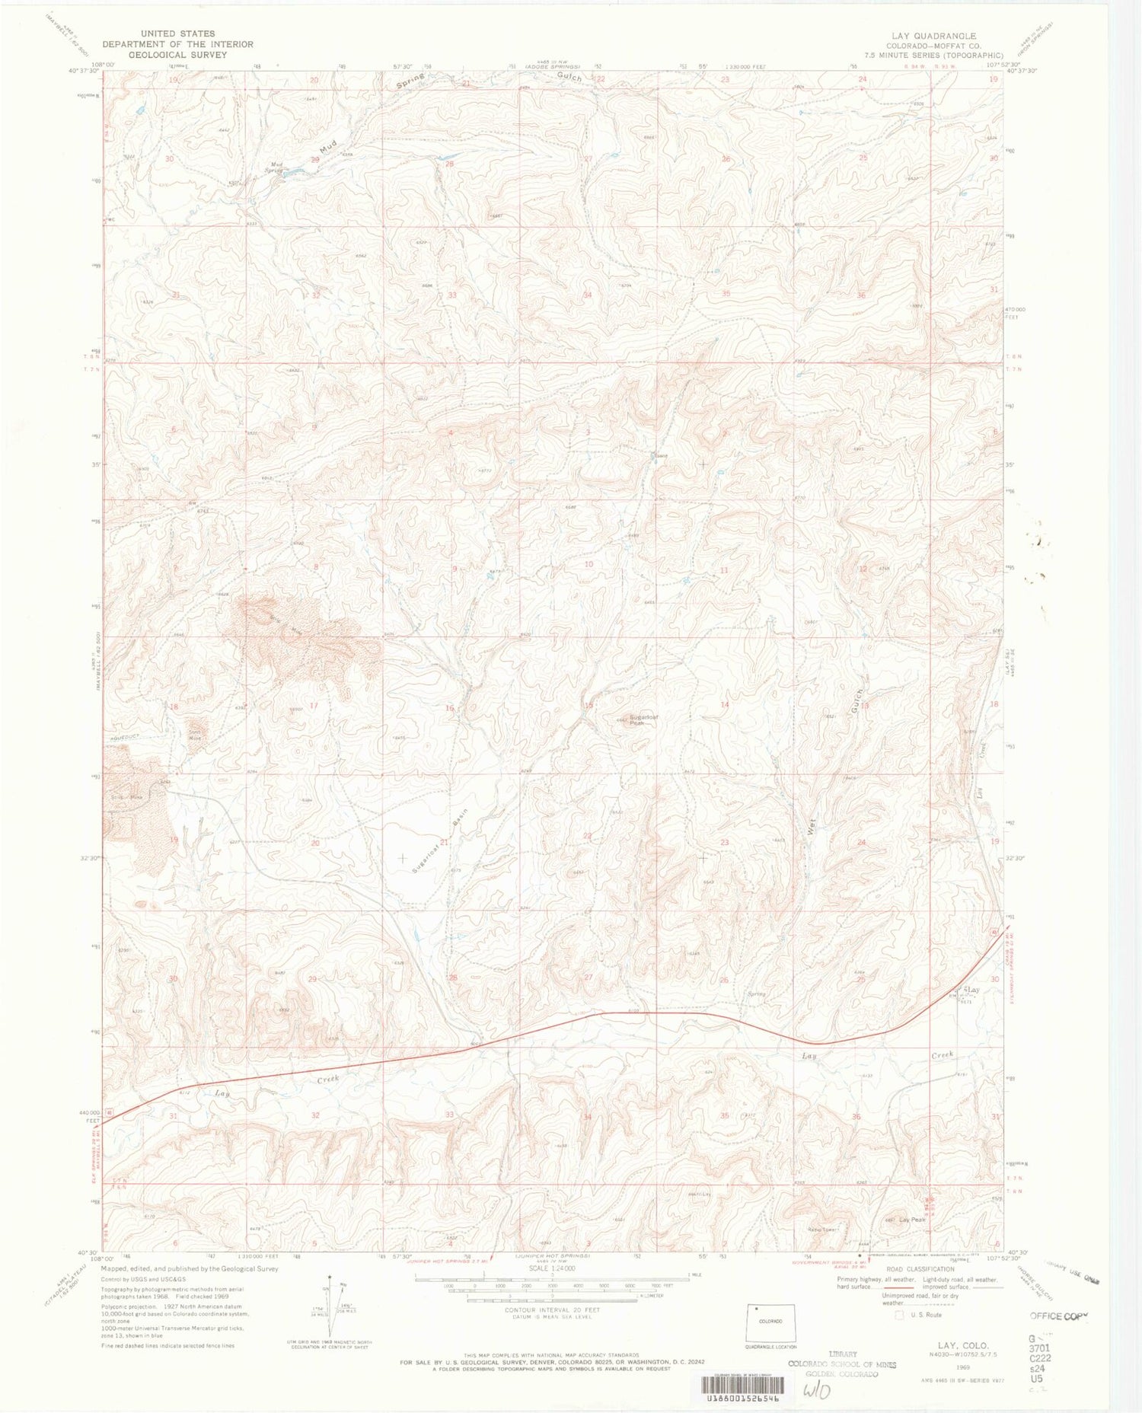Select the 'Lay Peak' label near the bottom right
912,1220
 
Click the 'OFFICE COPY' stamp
1060,1316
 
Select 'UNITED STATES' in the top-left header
177,33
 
